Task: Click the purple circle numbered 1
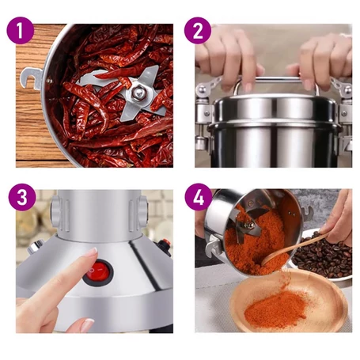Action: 21,30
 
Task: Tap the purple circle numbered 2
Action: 198,30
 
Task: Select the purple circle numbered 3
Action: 22,197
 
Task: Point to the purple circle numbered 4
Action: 199,197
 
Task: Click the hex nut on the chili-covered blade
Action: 139,93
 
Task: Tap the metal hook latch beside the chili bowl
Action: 31,78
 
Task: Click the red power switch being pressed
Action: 98,271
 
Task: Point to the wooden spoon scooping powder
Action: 294,248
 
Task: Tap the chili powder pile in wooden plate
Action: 275,309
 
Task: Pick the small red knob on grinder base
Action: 165,244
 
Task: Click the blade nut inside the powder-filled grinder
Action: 249,225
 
